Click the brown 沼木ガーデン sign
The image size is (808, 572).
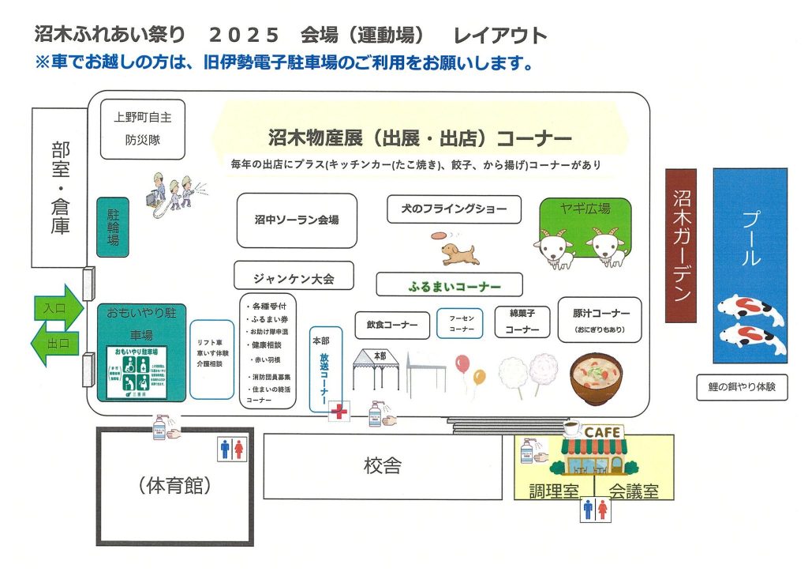coord(681,245)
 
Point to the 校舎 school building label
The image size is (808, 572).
coord(383,466)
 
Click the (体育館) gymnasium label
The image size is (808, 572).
coord(174,485)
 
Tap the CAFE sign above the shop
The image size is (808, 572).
coord(602,432)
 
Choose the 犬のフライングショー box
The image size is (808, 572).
coord(454,209)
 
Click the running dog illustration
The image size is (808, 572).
coord(458,252)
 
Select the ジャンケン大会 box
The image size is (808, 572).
coord(294,277)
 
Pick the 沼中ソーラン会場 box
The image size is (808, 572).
coord(297,220)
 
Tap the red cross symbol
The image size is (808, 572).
coord(340,412)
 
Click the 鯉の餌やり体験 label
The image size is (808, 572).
coord(742,387)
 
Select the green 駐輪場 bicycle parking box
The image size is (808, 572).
coord(112,227)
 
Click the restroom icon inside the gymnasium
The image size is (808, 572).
coord(232,450)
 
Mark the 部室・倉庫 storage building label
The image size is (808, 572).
coord(60,188)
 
